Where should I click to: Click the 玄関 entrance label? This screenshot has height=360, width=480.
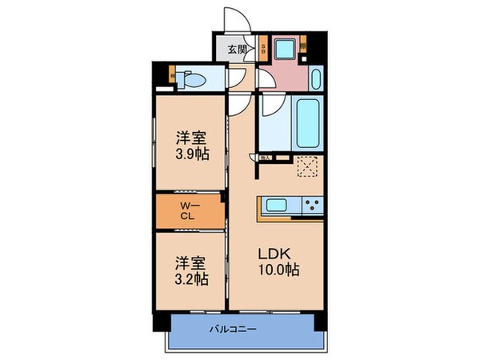coord(236,50)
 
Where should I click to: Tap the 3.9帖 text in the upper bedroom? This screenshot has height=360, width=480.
coord(194,153)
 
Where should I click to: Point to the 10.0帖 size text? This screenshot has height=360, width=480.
coord(278,270)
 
